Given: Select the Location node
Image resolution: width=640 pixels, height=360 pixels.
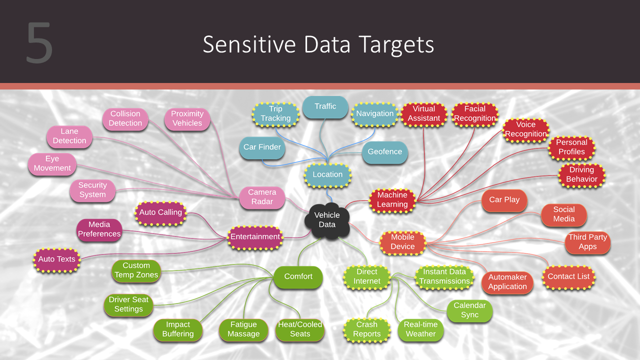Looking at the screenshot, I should pos(327,174).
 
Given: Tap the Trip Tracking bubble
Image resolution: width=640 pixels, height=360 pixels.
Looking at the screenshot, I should pos(275,113).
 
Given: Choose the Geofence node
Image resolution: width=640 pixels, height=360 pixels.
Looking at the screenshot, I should pos(384,152).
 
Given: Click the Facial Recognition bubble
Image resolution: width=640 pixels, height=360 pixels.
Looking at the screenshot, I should pos(474,113).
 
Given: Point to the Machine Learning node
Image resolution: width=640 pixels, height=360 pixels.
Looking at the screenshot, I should pos(392,199).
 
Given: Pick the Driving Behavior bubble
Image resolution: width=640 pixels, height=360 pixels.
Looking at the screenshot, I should pos(581,174).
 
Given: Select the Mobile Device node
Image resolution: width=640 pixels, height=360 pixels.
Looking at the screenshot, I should pos(402,241).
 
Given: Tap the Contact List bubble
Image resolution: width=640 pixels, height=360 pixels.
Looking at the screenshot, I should pos(568,276).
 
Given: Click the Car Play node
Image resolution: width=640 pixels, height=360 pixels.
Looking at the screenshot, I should pos(504,199).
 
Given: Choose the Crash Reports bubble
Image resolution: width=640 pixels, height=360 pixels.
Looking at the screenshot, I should pos(367,329).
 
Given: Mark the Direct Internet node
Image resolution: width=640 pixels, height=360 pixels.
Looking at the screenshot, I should pos(367,276).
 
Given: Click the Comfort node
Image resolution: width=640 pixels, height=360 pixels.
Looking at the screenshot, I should pos(298,276).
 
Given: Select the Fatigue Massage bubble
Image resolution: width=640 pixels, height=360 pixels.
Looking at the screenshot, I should pos(243,329).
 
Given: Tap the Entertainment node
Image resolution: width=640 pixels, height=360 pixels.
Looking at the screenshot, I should pos(255,237).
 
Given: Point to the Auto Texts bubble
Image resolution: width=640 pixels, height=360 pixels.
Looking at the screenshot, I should pos(56,259).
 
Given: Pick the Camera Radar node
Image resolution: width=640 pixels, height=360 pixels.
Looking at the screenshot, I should pos(262,197).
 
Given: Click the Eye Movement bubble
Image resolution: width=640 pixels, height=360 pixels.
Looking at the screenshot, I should pos(52,163).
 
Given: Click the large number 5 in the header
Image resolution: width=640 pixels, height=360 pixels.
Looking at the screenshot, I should pos(39,43).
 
